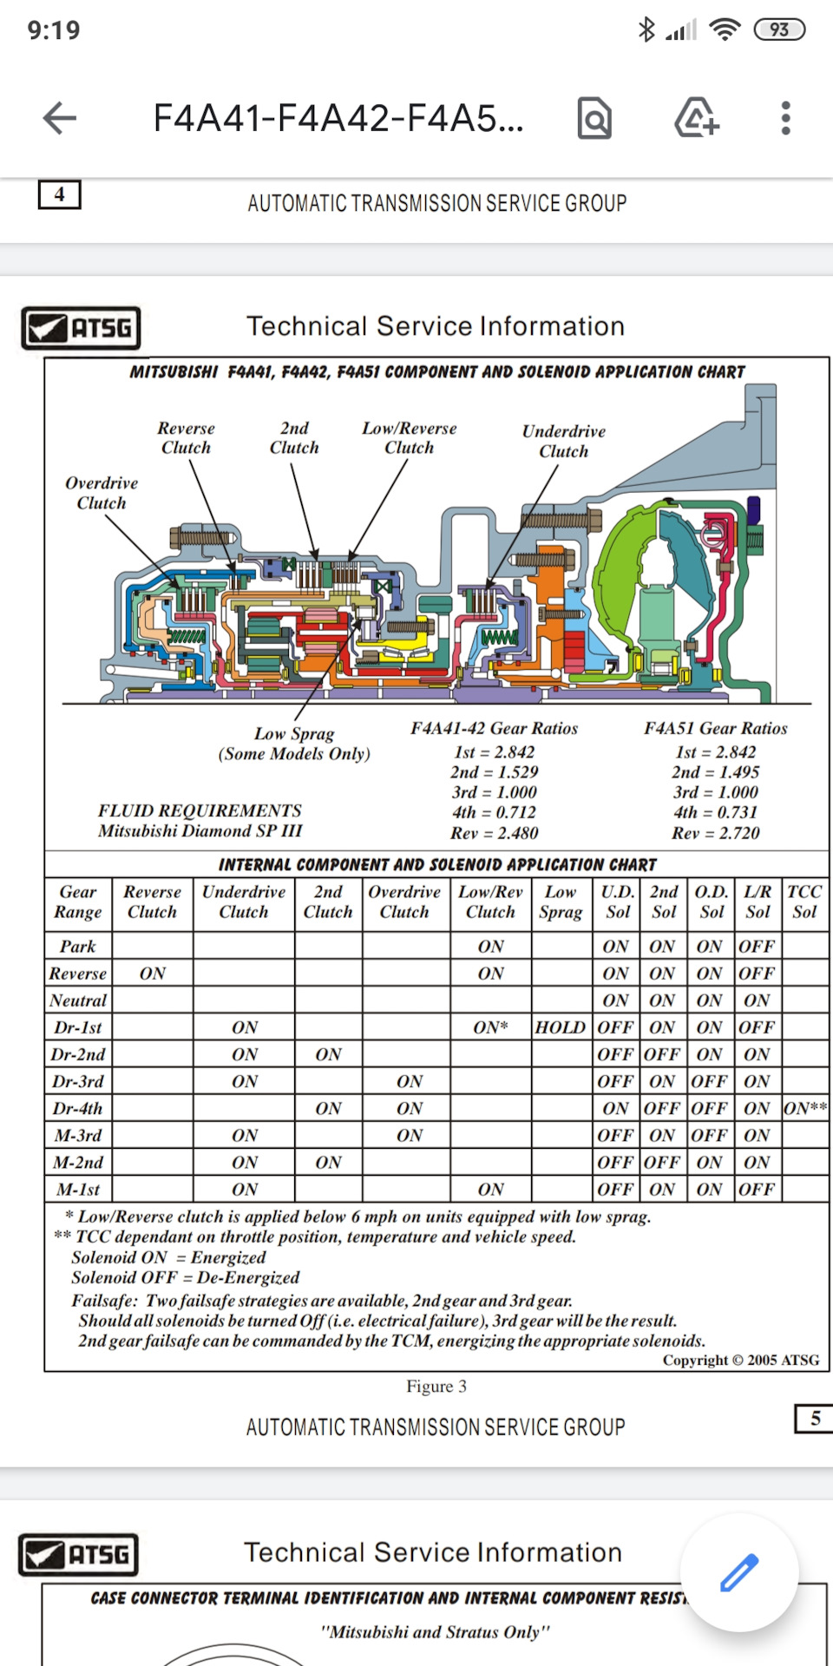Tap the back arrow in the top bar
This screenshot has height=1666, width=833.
[x=60, y=118]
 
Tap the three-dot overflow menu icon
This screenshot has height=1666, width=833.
[x=785, y=118]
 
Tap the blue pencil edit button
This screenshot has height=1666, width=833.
[x=739, y=1572]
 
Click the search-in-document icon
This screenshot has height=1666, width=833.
[x=594, y=118]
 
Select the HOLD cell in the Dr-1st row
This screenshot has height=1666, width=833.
[x=560, y=1027]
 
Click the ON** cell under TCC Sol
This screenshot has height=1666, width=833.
[x=805, y=1108]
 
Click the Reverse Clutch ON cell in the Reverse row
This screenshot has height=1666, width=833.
[x=153, y=974]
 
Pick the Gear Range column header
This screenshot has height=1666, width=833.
[x=78, y=902]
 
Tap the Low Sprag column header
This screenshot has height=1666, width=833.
[x=561, y=902]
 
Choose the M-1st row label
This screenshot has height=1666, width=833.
[x=78, y=1189]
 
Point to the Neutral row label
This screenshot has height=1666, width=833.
[x=78, y=1000]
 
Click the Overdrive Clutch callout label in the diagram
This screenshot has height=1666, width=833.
[x=102, y=493]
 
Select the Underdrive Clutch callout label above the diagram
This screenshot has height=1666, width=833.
[x=564, y=441]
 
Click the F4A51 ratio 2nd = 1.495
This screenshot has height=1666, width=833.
[x=715, y=772]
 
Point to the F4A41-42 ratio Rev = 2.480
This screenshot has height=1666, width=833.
[x=494, y=833]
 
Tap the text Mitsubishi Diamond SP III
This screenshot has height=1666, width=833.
[x=200, y=831]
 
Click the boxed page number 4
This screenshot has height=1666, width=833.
[x=59, y=194]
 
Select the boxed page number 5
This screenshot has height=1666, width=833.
[x=815, y=1418]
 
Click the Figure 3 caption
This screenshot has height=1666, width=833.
[x=436, y=1387]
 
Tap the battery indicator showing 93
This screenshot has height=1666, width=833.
[x=779, y=30]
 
